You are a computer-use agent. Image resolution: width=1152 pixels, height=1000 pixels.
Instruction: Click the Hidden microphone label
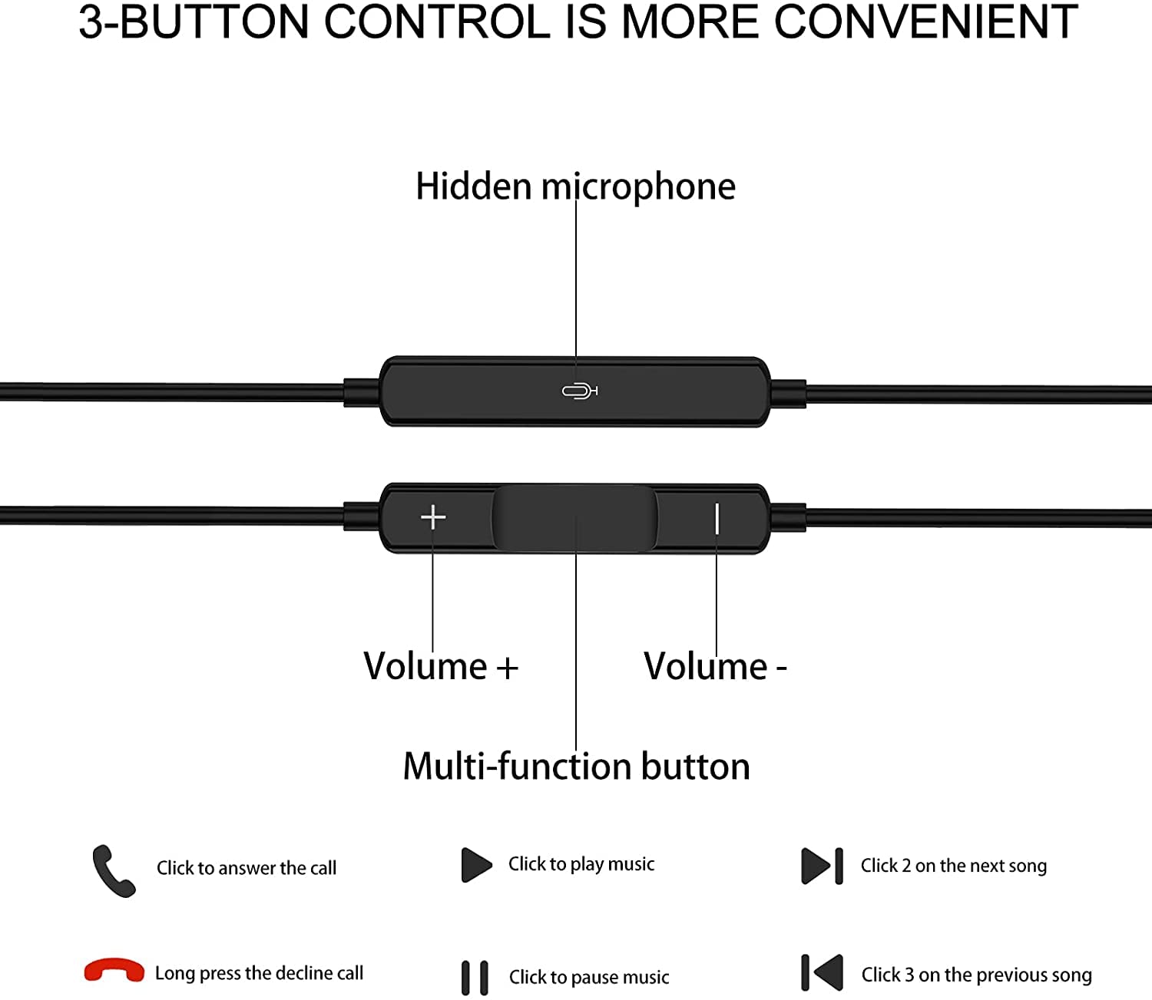point(575,186)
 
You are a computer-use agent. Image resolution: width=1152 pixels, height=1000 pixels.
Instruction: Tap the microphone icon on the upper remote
point(580,391)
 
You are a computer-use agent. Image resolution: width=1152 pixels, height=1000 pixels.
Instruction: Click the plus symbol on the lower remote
point(433,517)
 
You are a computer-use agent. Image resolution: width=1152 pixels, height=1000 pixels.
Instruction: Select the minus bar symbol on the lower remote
point(717,518)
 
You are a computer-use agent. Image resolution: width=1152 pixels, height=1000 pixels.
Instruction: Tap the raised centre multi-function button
point(574,517)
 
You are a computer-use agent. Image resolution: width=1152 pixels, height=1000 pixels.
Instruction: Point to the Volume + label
point(440,666)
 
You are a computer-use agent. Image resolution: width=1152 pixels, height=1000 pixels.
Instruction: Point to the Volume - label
point(715,666)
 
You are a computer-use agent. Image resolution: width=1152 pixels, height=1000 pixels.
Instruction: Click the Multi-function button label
point(577,766)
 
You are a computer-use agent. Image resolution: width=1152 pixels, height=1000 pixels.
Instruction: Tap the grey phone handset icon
point(113,870)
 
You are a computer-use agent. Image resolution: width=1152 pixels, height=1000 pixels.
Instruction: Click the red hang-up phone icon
point(114,970)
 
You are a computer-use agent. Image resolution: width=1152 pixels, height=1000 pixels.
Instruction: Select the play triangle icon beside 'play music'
point(476,864)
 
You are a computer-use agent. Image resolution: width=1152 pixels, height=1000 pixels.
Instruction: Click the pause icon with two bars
point(475,978)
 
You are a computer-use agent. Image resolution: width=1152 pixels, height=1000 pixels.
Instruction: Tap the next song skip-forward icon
point(822,866)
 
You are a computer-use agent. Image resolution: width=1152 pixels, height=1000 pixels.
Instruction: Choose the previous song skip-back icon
point(822,972)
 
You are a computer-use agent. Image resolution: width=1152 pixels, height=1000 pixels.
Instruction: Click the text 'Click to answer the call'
point(247,869)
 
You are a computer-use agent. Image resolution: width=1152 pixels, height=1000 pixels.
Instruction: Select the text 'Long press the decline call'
point(259,973)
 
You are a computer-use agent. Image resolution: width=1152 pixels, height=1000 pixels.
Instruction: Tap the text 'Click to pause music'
point(589,978)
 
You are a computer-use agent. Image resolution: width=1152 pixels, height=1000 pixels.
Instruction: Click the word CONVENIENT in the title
point(926,22)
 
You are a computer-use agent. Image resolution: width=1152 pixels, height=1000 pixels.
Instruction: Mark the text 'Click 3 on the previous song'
point(976,975)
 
